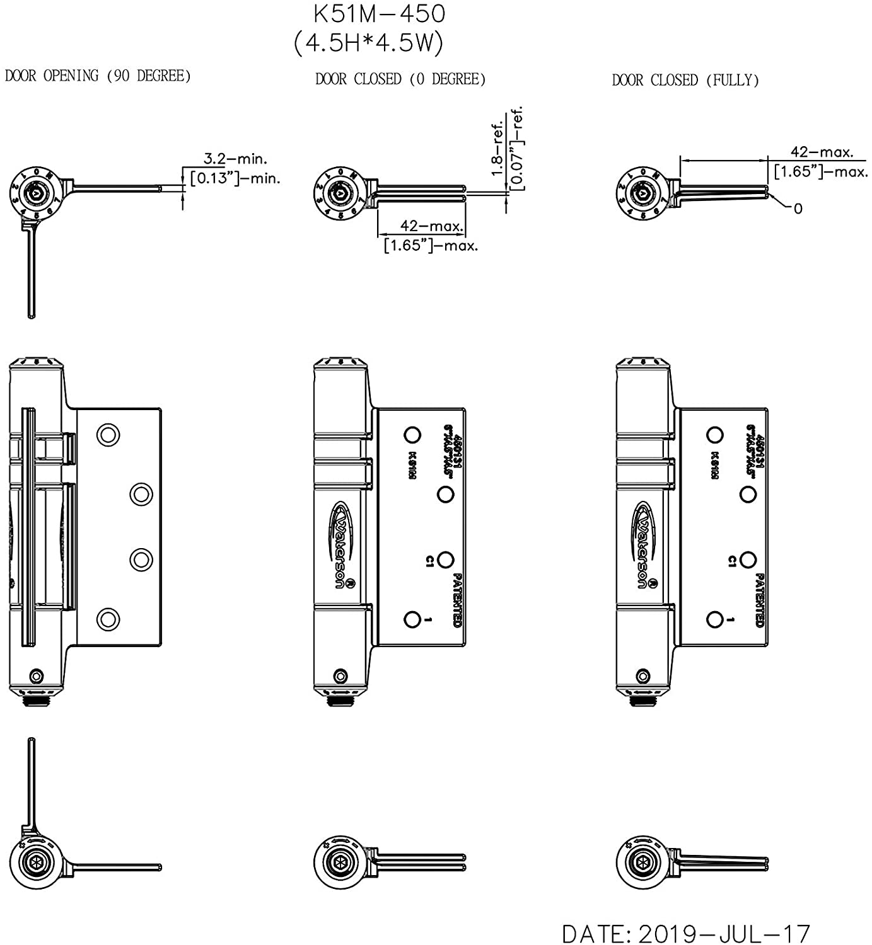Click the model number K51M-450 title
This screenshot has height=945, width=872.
(x=379, y=13)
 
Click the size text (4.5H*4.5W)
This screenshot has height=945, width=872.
(x=369, y=43)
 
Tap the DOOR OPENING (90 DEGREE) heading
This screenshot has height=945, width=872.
(x=98, y=76)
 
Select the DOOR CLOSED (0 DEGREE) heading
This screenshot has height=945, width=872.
(x=400, y=79)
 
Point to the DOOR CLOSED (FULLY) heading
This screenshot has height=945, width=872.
(x=685, y=81)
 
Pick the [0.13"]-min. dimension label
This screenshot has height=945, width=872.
(x=235, y=178)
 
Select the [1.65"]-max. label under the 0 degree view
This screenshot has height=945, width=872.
(x=431, y=245)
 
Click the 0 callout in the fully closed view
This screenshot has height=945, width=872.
(x=798, y=209)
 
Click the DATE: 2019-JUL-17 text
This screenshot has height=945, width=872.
(x=685, y=933)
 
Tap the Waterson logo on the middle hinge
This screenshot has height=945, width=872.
(x=342, y=545)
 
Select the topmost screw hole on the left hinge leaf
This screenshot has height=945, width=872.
(x=108, y=435)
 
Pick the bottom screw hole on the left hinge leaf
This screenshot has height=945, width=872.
(x=108, y=619)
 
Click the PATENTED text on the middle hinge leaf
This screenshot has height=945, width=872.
(x=458, y=599)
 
